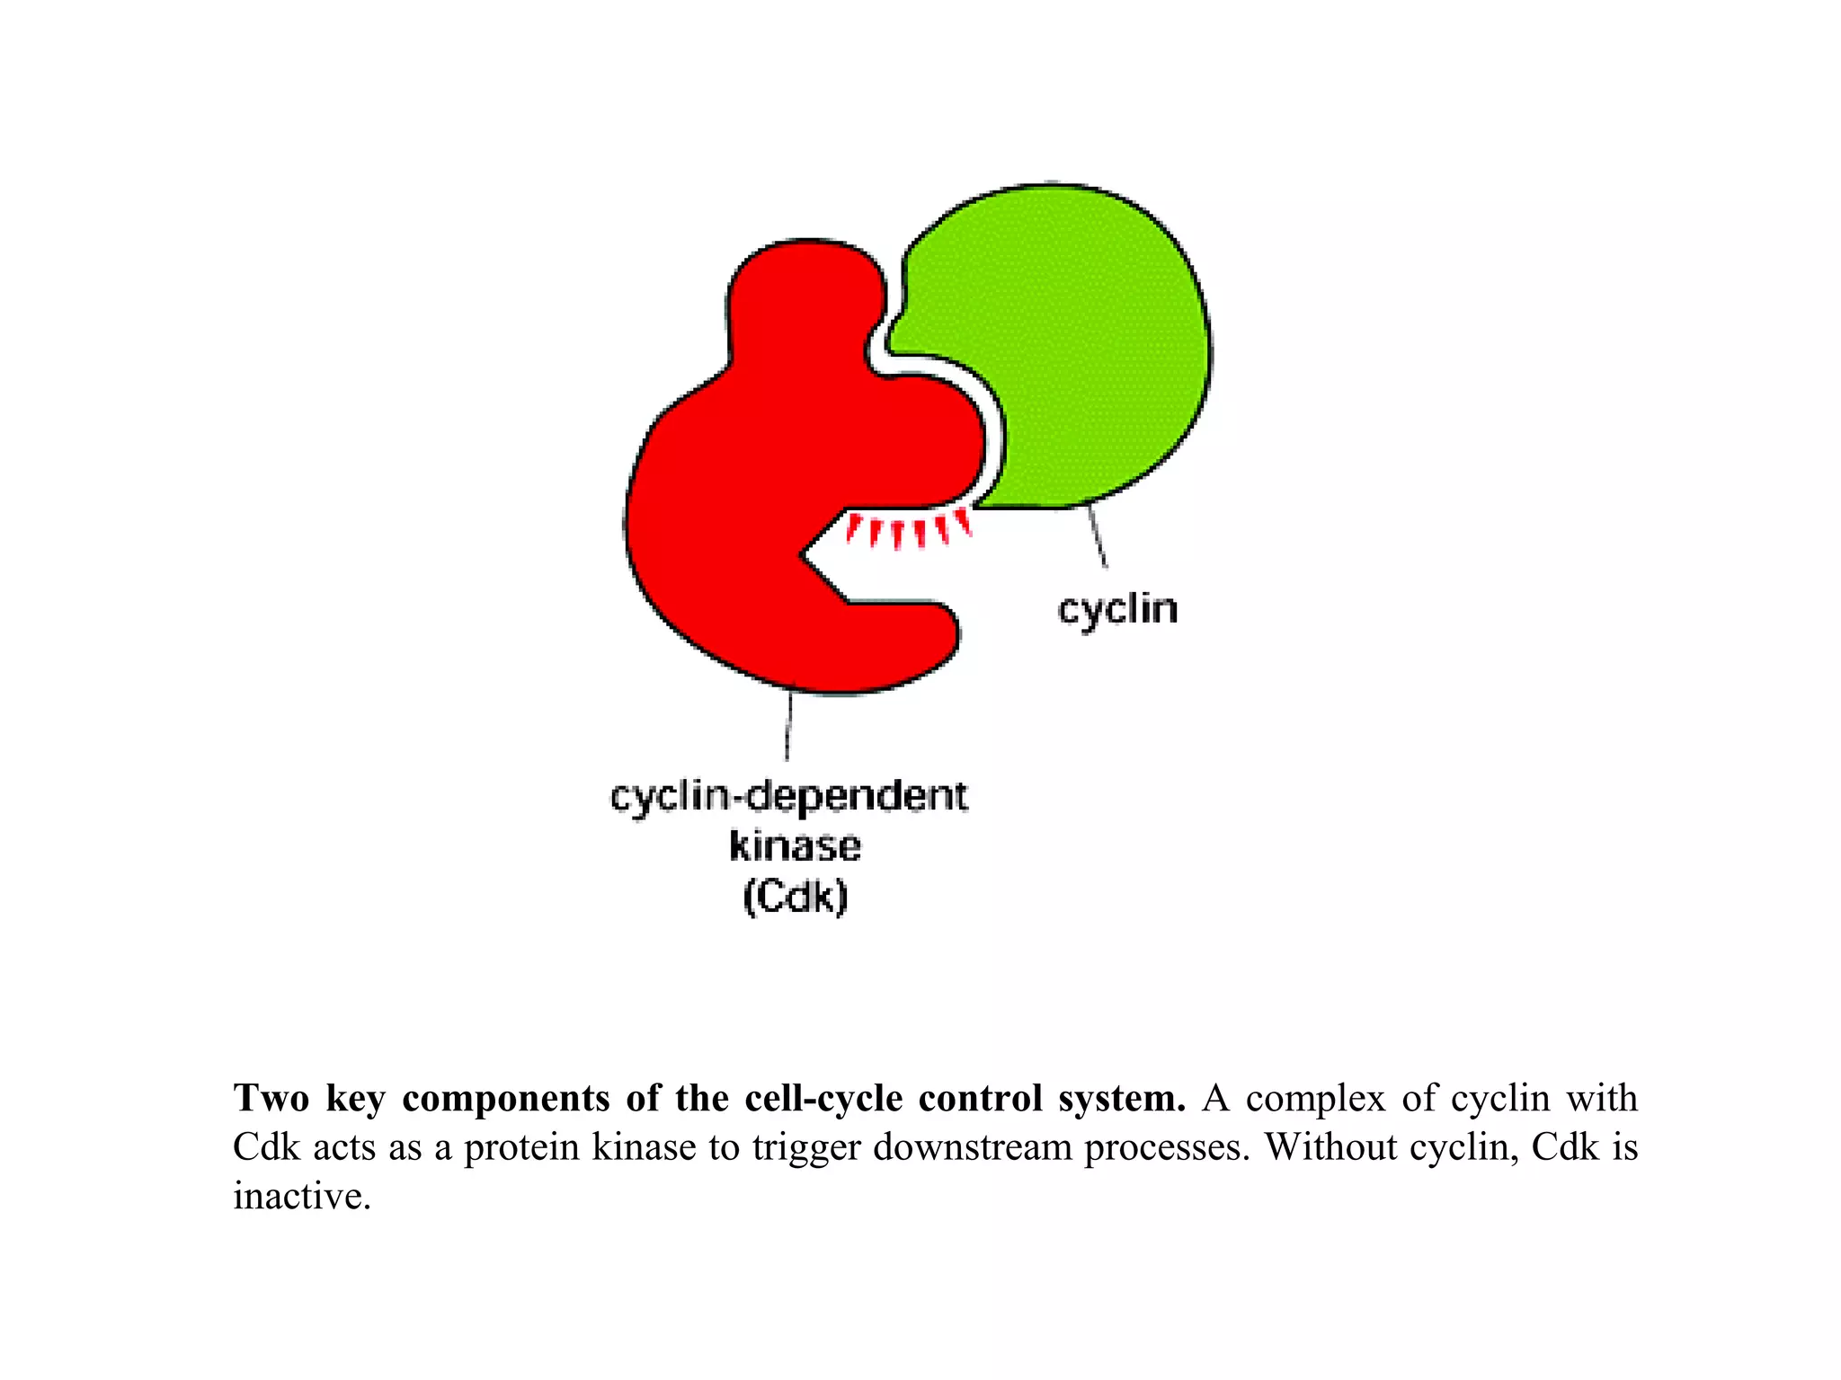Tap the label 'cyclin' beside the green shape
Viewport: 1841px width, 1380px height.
(1117, 610)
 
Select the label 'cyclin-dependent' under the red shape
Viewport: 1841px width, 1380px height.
(789, 797)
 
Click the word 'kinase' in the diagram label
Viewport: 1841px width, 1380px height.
(795, 846)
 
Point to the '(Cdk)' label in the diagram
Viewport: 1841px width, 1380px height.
(796, 897)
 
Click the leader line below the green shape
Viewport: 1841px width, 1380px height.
(1098, 537)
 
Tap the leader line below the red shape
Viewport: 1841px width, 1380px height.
(788, 726)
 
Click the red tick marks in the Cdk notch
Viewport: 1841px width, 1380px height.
(908, 530)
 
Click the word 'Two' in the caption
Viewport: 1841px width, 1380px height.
(271, 1099)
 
